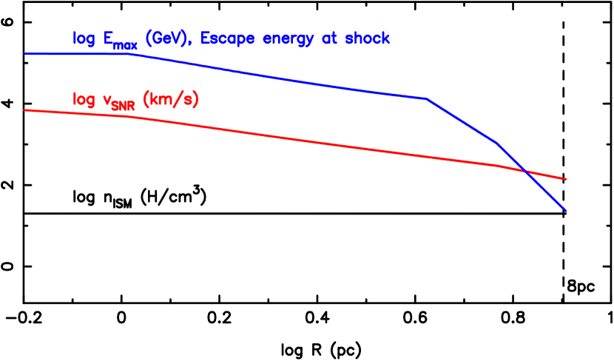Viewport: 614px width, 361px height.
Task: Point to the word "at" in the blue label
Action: click(323, 38)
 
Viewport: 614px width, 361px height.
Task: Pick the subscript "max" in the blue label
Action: click(125, 45)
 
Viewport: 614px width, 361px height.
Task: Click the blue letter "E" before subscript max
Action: click(108, 38)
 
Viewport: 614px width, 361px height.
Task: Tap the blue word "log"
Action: click(84, 39)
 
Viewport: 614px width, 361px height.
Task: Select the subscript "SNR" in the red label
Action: click(123, 106)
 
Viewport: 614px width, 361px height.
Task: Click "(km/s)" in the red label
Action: click(170, 99)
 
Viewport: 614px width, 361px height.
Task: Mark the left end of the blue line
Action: click(24, 53)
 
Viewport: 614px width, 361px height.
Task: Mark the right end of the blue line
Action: click(567, 212)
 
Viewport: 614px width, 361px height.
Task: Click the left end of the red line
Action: click(24, 109)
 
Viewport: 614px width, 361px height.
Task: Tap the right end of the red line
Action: click(567, 179)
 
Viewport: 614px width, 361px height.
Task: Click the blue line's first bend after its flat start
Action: click(133, 54)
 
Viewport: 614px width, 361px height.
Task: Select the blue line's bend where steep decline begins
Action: click(427, 98)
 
